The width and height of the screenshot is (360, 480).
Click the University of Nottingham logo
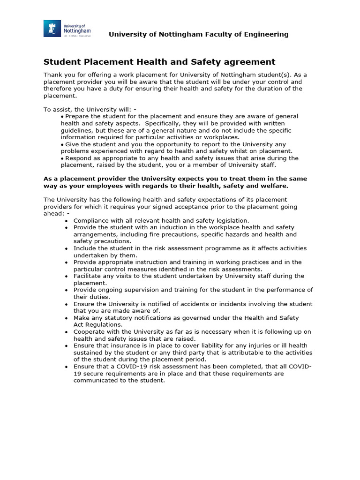tap(67, 29)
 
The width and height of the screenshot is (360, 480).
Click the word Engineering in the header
tap(266, 34)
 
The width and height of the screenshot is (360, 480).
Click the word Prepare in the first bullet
tap(78, 116)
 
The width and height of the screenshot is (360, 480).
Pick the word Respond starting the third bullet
tap(78, 158)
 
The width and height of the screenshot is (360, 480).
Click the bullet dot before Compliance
tap(67, 221)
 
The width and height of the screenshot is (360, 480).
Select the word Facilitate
tap(87, 276)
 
